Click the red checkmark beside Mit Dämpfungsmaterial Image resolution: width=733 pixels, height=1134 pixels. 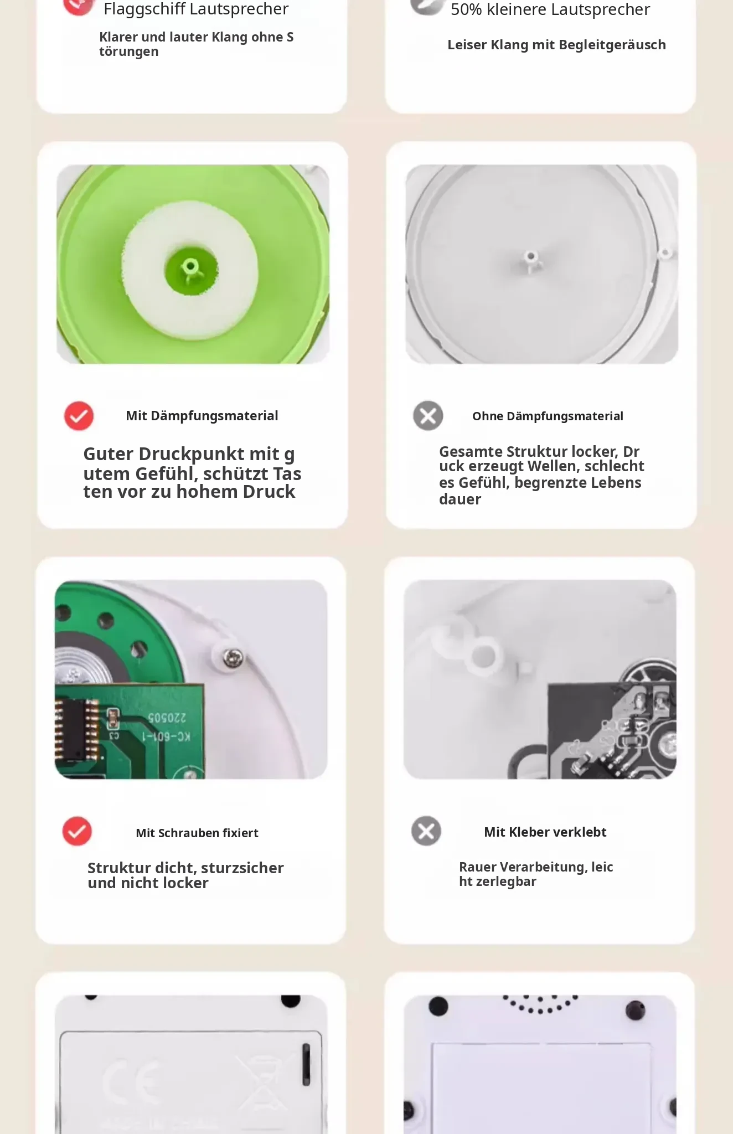(x=79, y=416)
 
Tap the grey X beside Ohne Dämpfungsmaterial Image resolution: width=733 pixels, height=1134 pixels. (x=428, y=416)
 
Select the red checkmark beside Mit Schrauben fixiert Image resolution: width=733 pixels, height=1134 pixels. (x=77, y=831)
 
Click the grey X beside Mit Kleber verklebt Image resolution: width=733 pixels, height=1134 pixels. (x=426, y=831)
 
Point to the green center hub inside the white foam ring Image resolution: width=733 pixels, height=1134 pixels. (x=191, y=271)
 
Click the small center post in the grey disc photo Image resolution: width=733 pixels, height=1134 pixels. (x=531, y=260)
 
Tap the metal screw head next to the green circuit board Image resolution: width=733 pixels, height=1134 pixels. (x=233, y=658)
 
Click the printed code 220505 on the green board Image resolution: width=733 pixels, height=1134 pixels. (x=167, y=718)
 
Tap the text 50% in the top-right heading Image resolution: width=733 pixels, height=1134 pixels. (x=466, y=10)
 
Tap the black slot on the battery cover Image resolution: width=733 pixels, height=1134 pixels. (x=306, y=1065)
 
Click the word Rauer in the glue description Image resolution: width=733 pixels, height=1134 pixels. (x=477, y=868)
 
